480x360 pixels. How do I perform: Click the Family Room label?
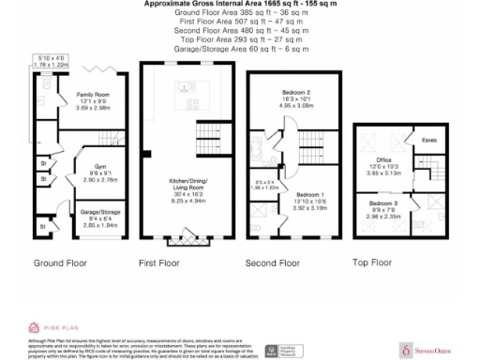[x=80, y=94]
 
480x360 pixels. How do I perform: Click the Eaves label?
[x=428, y=141]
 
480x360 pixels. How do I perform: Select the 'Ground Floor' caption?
[x=61, y=264]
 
